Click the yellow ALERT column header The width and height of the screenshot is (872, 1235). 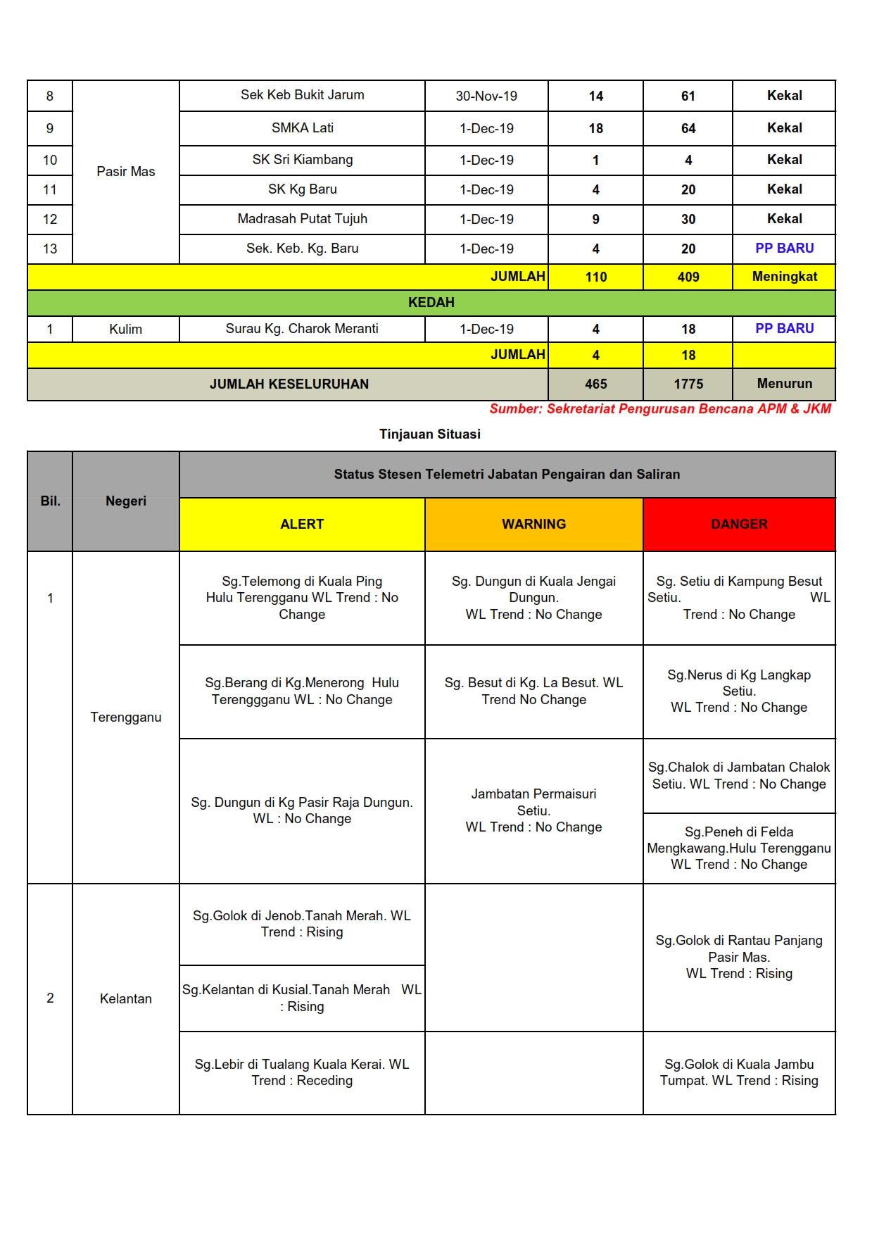(x=302, y=524)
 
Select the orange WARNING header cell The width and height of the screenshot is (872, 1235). (x=533, y=524)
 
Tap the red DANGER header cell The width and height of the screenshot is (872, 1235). (x=739, y=524)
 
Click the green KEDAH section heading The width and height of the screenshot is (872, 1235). (x=431, y=302)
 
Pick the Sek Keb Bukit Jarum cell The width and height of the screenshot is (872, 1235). (x=302, y=95)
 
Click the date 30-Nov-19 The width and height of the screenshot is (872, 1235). (x=486, y=96)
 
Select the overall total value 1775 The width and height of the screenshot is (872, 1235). (x=688, y=384)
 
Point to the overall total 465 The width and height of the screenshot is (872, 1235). (x=595, y=384)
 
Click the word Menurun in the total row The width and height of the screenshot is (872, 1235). (x=784, y=384)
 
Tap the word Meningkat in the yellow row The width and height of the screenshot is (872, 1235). (x=784, y=277)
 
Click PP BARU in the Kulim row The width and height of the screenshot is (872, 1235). (x=784, y=328)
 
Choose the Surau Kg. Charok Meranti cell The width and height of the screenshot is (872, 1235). (x=302, y=328)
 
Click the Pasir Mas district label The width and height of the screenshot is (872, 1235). (x=125, y=171)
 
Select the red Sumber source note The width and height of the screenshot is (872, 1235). (x=660, y=409)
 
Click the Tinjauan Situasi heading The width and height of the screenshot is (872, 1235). (x=430, y=434)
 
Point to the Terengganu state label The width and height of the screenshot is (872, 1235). (x=125, y=717)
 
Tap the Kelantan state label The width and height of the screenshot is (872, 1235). (x=125, y=998)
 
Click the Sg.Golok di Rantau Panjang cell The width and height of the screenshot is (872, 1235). (x=739, y=957)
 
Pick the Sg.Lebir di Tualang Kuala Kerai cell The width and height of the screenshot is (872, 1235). (x=302, y=1072)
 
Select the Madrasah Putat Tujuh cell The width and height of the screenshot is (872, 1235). (x=302, y=219)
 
